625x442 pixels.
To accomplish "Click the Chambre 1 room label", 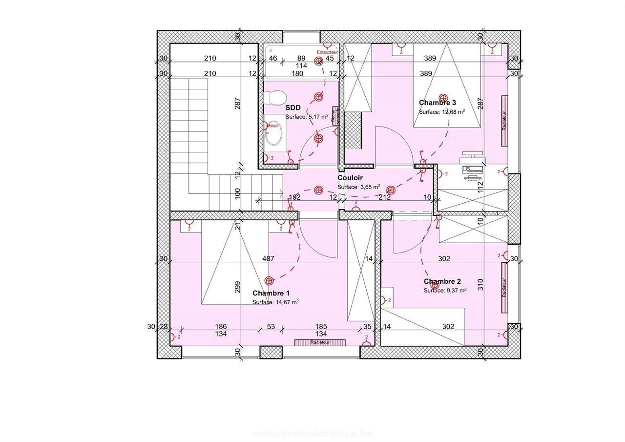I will click(x=271, y=293).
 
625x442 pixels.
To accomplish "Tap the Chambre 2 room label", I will click(x=442, y=281).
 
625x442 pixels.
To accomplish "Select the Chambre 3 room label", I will click(x=437, y=103).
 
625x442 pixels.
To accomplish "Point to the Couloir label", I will click(x=350, y=178).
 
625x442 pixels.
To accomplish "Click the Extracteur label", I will click(x=327, y=52).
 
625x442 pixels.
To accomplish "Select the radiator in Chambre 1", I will click(x=320, y=342).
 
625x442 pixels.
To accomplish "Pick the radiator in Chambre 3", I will click(x=503, y=120).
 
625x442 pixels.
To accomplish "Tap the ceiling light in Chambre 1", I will click(x=269, y=280).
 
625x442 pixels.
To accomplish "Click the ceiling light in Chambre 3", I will click(x=443, y=98).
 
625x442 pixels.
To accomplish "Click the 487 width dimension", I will click(x=268, y=259).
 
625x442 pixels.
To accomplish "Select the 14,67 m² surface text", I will click(x=275, y=302).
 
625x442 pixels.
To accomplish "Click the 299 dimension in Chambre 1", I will click(x=238, y=286).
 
